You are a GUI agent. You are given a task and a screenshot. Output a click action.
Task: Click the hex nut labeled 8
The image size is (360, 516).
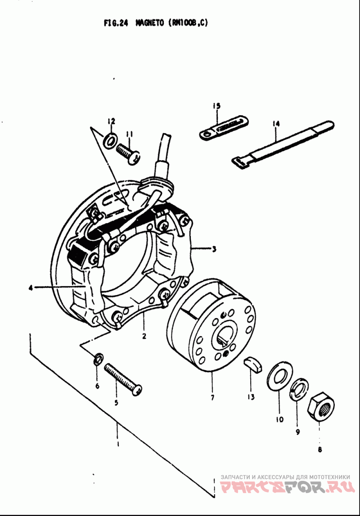[x=320, y=406]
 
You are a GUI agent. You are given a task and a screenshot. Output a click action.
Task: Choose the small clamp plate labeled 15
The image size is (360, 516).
[x=224, y=127]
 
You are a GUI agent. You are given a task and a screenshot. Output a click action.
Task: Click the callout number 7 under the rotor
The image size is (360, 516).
[x=212, y=398]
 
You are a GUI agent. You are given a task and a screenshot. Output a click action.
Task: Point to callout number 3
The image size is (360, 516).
[x=214, y=249]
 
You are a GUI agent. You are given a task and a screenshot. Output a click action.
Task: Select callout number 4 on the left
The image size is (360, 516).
[x=31, y=288]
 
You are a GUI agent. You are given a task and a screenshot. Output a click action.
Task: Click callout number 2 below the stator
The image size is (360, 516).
[x=144, y=336]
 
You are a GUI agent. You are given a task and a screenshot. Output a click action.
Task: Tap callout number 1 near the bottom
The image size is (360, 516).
[x=117, y=444]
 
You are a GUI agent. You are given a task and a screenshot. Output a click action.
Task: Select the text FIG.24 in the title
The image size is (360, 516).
[x=116, y=23]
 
